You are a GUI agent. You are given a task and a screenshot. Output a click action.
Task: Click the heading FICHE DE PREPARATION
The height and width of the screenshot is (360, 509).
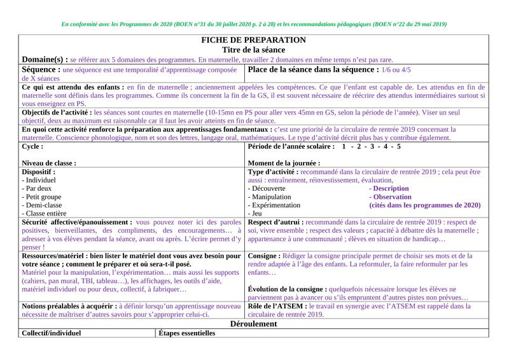tap(253, 40)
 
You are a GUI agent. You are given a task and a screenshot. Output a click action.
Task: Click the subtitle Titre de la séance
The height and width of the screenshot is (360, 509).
tap(253, 50)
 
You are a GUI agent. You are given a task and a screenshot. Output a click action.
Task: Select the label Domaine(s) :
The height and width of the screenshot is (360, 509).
tap(45, 59)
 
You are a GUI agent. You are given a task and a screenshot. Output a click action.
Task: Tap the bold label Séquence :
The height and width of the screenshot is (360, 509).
tap(41, 69)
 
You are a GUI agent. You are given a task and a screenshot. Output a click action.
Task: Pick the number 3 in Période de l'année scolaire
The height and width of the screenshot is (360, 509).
tap(370, 146)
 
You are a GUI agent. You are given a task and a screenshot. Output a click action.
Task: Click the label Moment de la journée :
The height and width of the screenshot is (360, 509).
tap(288, 163)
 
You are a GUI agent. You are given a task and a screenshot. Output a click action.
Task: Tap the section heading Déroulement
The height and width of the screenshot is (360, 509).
tap(253, 324)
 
